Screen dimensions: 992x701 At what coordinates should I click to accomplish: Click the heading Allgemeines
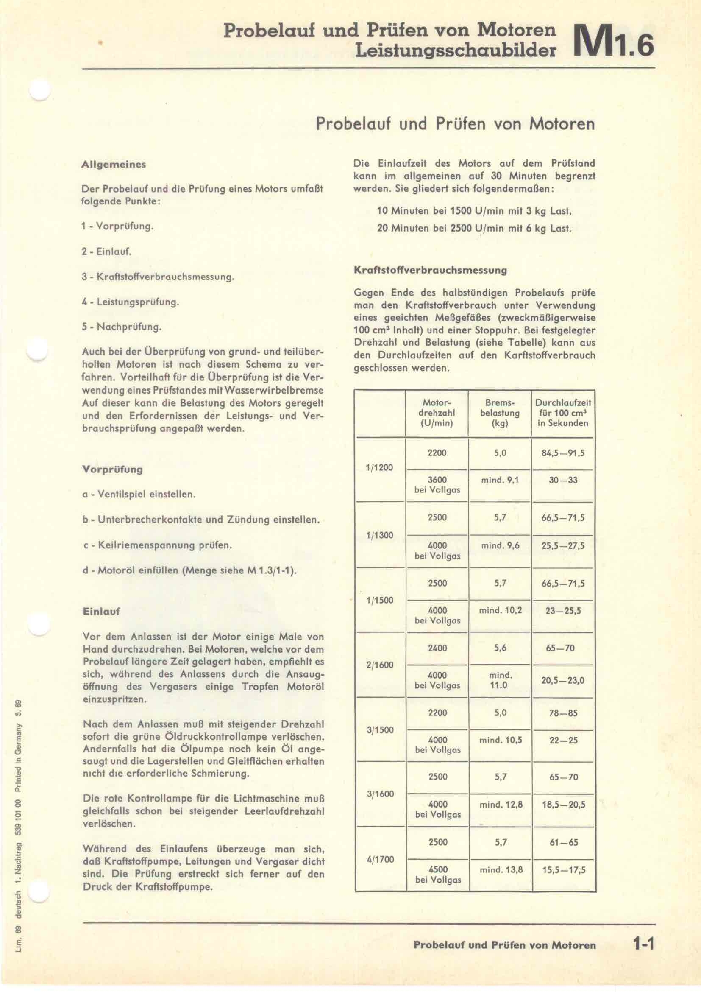114,165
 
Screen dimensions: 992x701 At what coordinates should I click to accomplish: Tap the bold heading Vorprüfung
112,469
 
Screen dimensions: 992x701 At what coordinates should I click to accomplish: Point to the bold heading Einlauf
101,612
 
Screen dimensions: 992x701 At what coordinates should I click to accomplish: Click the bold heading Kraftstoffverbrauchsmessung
430,271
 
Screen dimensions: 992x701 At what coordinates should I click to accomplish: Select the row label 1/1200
379,467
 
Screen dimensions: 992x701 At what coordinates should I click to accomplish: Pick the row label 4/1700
380,859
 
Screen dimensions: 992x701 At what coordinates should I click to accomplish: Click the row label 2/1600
380,665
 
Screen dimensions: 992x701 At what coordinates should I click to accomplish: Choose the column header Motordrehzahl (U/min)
437,413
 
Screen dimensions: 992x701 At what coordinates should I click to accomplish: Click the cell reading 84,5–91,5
563,453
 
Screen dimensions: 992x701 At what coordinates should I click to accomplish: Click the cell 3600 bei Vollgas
437,485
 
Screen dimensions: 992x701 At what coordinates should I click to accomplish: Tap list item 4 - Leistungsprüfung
130,302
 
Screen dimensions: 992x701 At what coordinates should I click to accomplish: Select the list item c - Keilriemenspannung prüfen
157,545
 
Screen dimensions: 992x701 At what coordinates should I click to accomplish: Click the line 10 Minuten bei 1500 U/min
474,211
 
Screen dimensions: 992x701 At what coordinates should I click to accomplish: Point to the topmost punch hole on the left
39,91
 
